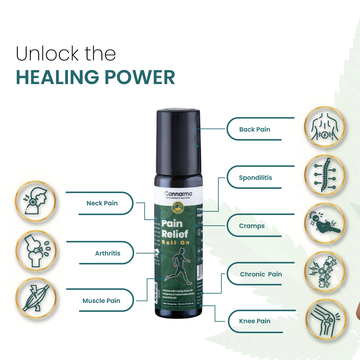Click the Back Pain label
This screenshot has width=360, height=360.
point(254,129)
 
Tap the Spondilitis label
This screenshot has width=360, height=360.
point(255,178)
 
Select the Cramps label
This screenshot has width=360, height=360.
point(252,226)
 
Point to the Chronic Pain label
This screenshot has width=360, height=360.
point(261,274)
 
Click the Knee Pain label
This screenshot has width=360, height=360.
point(254,321)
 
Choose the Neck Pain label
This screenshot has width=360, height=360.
point(102,203)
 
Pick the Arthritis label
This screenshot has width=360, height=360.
point(108,253)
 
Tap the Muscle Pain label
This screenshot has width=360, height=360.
point(101,301)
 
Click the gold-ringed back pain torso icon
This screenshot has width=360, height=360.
point(324,127)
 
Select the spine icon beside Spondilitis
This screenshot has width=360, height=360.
point(324,175)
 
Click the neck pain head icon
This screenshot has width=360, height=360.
point(36,201)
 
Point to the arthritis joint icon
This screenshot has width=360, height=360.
point(36,250)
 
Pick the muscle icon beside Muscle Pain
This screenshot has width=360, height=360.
point(36,298)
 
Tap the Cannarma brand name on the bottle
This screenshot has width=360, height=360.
point(179,194)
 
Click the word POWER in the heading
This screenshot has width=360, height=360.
point(140,77)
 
